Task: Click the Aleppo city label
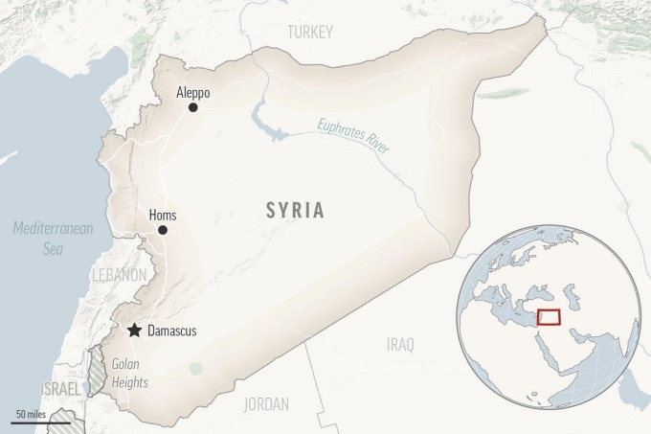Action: [x=192, y=93]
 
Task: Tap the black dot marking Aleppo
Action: [x=192, y=107]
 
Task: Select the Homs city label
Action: [x=163, y=216]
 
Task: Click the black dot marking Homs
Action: [x=163, y=230]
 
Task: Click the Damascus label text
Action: [x=172, y=331]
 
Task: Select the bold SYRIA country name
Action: [x=294, y=210]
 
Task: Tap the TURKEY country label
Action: [x=310, y=33]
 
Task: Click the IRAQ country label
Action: [x=400, y=344]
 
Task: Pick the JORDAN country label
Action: [x=266, y=403]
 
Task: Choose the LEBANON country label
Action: [x=119, y=275]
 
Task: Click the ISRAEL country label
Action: [x=61, y=388]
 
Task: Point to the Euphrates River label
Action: [x=353, y=132]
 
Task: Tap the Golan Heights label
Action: [x=130, y=373]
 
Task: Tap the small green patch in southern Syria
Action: [x=197, y=367]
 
